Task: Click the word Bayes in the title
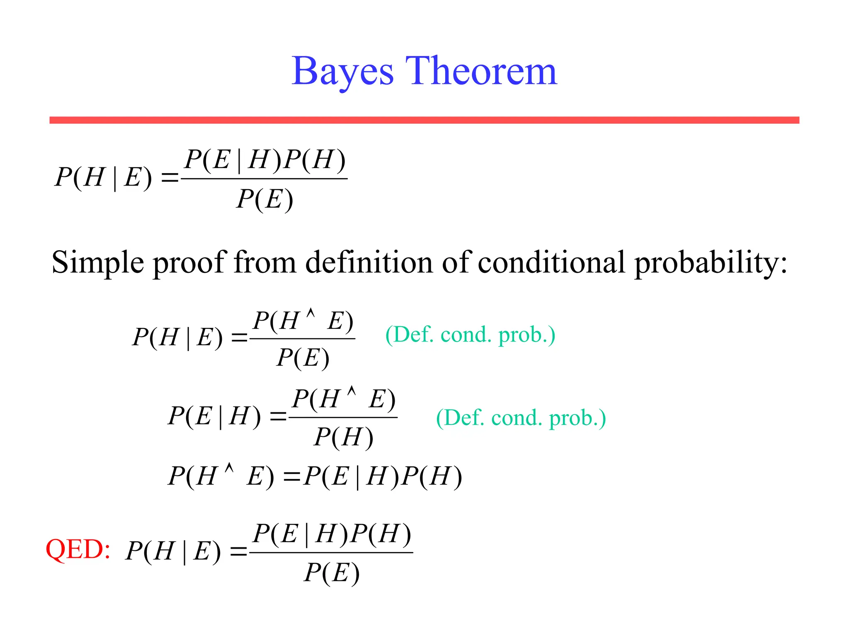(x=342, y=71)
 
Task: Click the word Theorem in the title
(x=481, y=71)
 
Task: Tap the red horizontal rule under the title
(x=424, y=120)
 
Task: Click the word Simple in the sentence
(x=98, y=263)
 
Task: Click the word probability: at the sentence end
(x=711, y=263)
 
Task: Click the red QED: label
(x=78, y=549)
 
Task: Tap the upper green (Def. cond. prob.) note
(x=470, y=335)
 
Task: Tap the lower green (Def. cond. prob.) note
(x=521, y=418)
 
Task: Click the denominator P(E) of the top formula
(x=265, y=200)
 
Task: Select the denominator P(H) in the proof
(x=343, y=437)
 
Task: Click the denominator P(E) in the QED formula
(x=331, y=573)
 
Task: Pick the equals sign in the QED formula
(x=239, y=552)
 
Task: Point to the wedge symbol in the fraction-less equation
(x=229, y=469)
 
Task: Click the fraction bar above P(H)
(x=343, y=417)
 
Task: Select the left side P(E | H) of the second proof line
(x=214, y=416)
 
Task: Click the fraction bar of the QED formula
(x=331, y=552)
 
